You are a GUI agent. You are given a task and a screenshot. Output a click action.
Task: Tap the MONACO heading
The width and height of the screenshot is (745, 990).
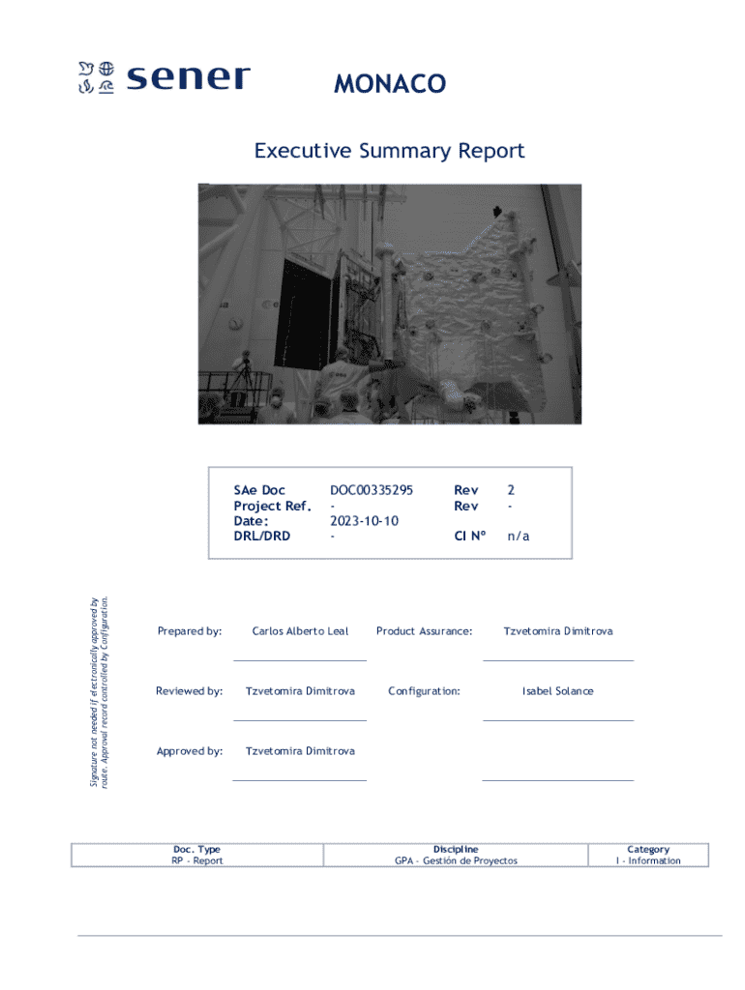coord(390,84)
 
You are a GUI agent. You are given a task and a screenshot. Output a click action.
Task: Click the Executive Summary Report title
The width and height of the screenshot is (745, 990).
coord(389,151)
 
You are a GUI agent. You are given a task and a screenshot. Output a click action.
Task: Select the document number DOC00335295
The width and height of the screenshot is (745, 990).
coord(372,490)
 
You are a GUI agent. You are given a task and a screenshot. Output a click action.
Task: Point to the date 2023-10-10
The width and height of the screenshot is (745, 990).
coord(364,520)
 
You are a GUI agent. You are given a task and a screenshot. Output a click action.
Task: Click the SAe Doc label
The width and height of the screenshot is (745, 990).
coord(259,490)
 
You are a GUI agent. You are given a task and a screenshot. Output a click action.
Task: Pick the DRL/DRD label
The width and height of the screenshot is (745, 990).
coord(262,535)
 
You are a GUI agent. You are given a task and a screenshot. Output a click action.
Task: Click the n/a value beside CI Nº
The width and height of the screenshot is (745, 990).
coord(519,535)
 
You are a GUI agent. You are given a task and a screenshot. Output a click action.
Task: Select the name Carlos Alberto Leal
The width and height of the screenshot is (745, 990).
coord(300,631)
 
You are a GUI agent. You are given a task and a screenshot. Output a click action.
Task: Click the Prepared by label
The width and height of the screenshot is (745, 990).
coord(190,631)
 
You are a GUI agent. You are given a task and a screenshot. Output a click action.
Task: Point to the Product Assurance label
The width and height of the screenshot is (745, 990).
coord(424,631)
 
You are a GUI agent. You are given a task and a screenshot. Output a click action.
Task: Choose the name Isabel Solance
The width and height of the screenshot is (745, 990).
coord(557,691)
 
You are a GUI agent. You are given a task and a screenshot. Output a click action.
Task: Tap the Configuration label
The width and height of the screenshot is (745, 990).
coord(424,691)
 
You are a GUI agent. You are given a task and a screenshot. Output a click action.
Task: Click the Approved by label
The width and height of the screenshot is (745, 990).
coord(190,751)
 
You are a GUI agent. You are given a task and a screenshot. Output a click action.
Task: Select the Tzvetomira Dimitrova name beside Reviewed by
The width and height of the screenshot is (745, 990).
coord(300,691)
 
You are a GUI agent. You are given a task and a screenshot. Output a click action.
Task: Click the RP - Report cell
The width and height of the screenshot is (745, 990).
coord(197,860)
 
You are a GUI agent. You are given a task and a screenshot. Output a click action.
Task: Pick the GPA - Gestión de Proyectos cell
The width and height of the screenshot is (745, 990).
coord(456,860)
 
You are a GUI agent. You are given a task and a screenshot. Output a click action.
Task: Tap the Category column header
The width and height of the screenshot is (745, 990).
coord(648,849)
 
